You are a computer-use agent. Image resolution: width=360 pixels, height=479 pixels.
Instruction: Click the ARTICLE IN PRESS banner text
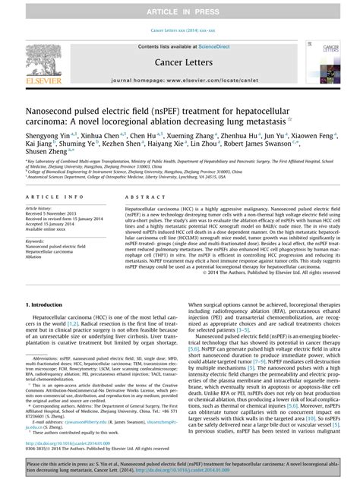179,10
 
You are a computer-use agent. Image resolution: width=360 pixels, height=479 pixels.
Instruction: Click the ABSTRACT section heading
139,197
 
